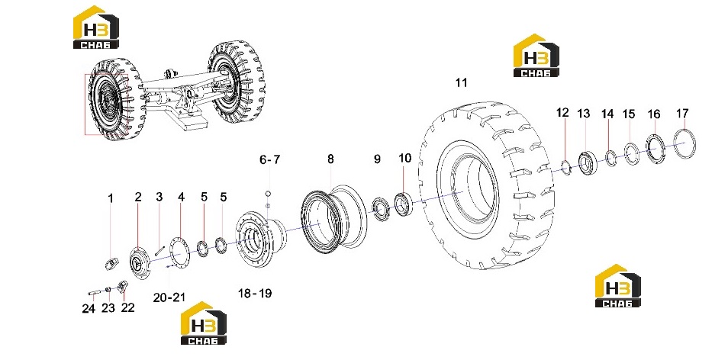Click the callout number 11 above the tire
461,83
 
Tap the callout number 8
330,159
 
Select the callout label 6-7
269,159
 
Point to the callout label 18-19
255,293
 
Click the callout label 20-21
169,297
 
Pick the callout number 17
682,113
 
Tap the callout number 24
89,308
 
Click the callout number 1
111,198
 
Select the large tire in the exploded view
487,187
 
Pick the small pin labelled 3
160,250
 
